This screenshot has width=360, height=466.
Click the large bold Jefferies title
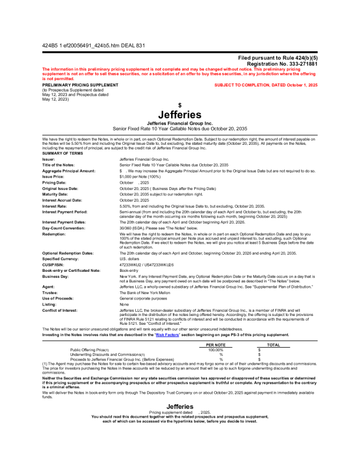click(x=180, y=114)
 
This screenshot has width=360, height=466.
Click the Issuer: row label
click(x=49, y=159)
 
